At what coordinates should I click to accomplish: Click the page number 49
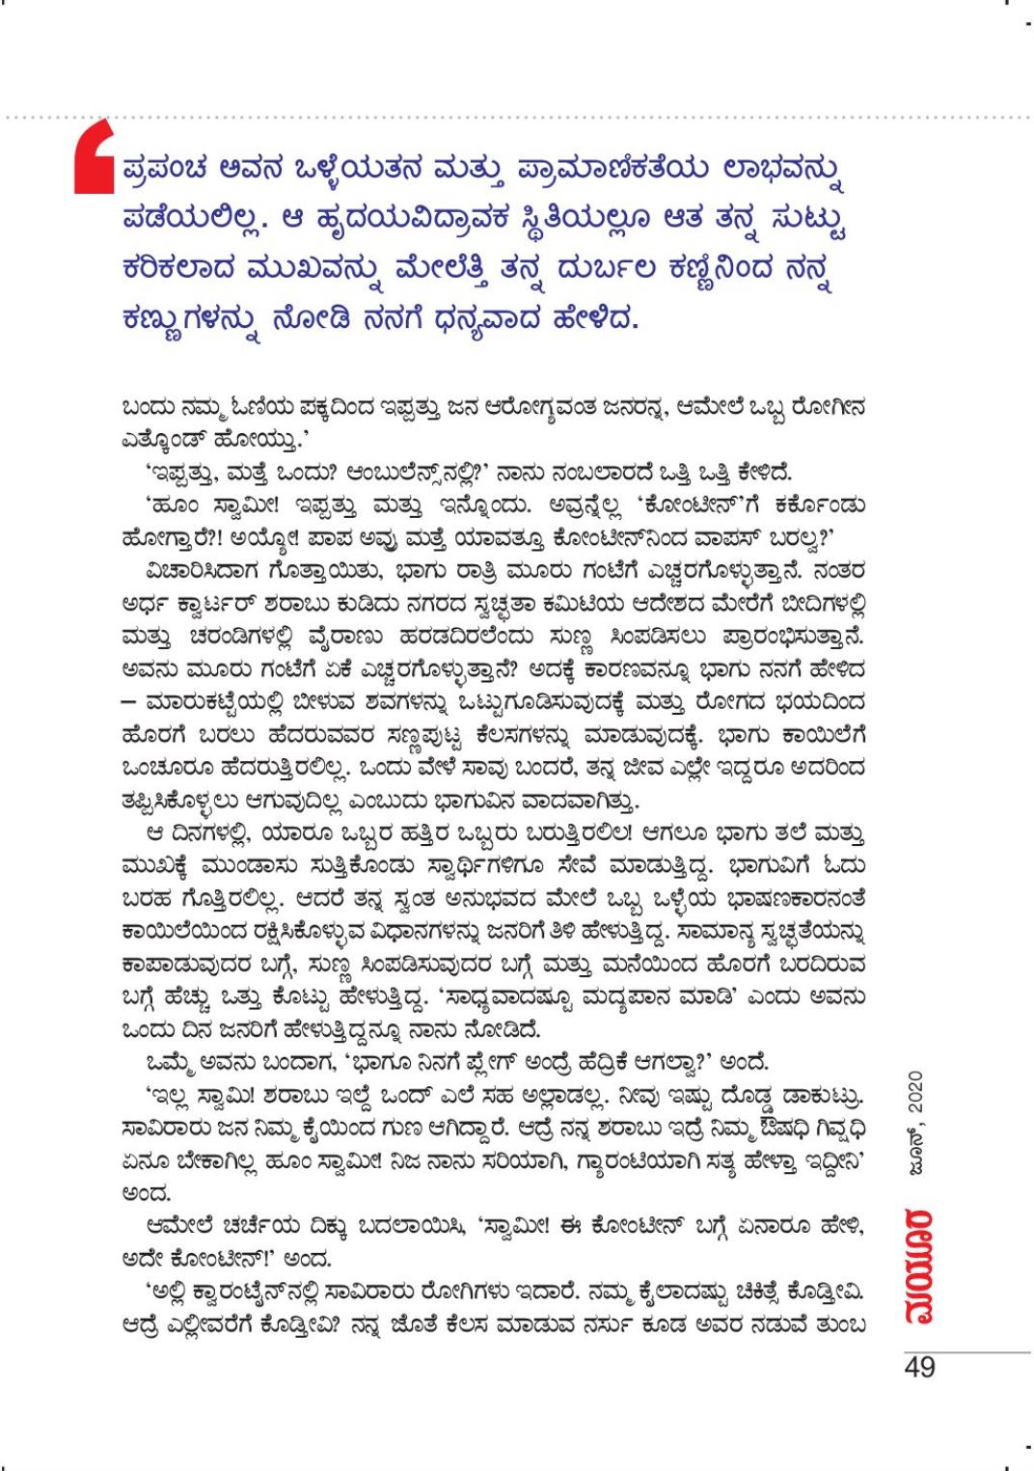click(x=919, y=1367)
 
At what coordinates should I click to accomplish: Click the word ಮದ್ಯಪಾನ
click(x=625, y=995)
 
